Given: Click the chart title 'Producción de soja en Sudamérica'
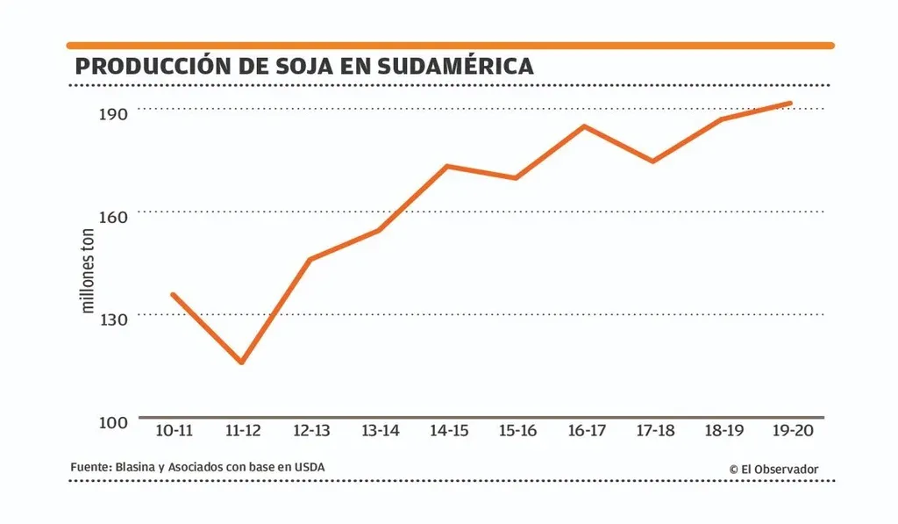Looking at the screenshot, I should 303,66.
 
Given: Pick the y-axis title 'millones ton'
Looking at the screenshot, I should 88,271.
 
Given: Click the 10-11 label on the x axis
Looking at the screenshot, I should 174,431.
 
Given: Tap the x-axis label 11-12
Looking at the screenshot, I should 242,431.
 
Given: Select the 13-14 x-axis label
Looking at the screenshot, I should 380,431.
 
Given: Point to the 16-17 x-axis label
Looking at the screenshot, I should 587,431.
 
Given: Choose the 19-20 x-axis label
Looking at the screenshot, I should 793,431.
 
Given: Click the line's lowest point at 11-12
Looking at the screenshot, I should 241,362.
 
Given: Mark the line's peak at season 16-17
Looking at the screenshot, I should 584,126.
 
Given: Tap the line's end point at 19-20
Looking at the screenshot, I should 790,104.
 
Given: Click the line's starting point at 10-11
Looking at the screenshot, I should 173,295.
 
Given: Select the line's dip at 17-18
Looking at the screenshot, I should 653,162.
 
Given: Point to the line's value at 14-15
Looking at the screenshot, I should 447,166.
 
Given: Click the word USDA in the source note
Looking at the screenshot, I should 309,467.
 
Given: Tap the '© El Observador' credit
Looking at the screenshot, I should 773,469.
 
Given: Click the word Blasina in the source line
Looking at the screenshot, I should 134,467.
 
